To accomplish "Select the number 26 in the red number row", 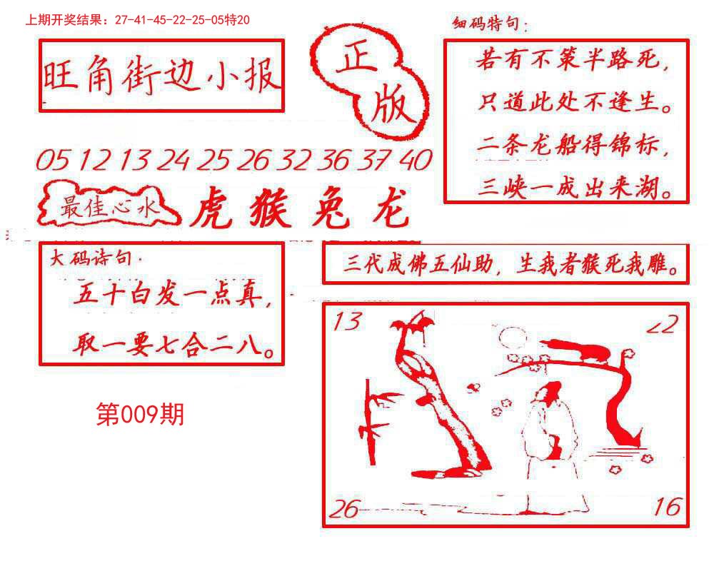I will point(253,161).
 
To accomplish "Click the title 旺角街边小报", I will point(161,76).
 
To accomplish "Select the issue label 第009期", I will point(140,413).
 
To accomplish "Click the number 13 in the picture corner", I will point(347,323).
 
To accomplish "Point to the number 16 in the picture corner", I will point(667,507).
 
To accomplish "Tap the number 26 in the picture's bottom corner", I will point(345,509).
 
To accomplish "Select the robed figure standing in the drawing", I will point(548,443).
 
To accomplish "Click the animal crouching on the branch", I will point(581,350).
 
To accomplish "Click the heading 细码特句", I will point(490,25).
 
